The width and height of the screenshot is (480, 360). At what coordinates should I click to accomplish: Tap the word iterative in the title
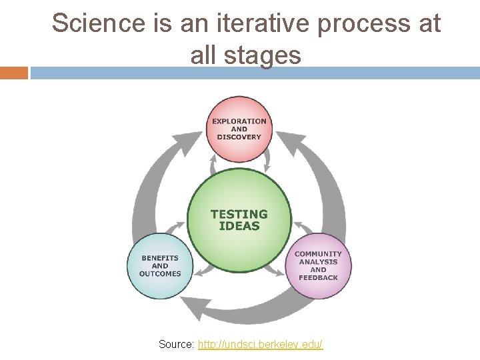click(272, 23)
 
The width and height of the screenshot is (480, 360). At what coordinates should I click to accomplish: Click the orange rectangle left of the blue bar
click(13, 73)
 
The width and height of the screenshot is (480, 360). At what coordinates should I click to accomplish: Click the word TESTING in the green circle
click(239, 214)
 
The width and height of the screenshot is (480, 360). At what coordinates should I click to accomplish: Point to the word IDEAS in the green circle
click(239, 225)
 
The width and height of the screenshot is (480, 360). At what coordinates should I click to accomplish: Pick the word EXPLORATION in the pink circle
click(239, 121)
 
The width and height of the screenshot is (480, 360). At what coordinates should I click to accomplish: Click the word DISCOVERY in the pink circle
click(239, 137)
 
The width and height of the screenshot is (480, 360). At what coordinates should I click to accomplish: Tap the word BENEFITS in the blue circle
click(160, 258)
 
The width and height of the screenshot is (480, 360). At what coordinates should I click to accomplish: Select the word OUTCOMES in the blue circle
click(160, 273)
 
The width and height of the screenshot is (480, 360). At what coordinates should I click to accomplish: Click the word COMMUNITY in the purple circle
click(318, 254)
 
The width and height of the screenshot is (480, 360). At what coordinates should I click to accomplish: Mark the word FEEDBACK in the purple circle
click(318, 277)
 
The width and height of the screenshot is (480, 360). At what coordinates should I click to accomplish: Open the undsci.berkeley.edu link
click(260, 345)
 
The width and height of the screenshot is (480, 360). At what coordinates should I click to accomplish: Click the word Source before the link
click(176, 345)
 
